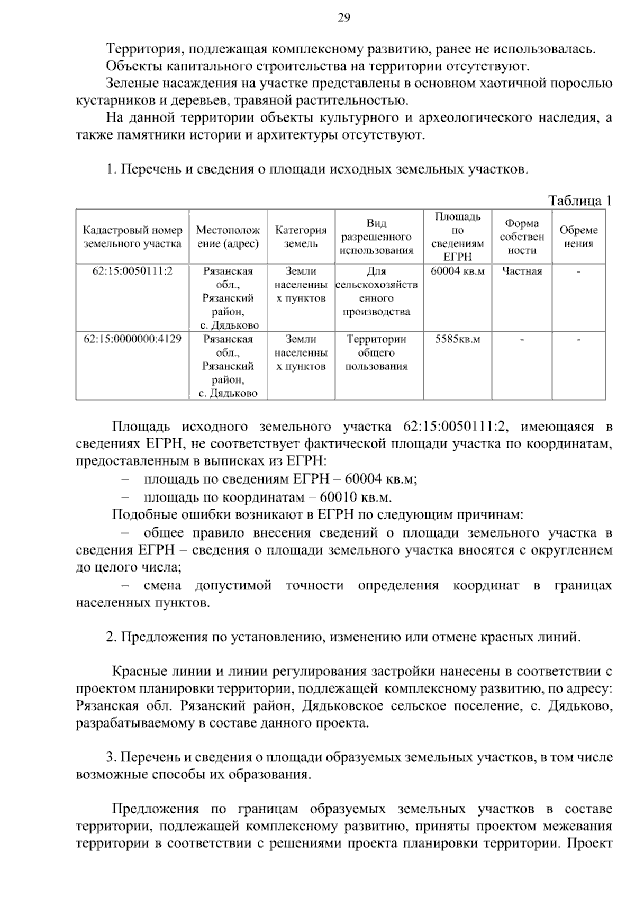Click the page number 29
coord(343,19)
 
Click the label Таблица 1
coord(580,201)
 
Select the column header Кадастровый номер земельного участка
coord(132,237)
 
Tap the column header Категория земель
coord(301,237)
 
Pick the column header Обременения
coord(578,237)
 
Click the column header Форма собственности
coord(521,237)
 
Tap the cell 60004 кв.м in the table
coord(457,271)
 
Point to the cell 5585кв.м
coord(457,339)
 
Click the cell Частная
coord(522,271)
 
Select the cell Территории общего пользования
coord(376,352)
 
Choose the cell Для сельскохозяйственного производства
coord(376,291)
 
